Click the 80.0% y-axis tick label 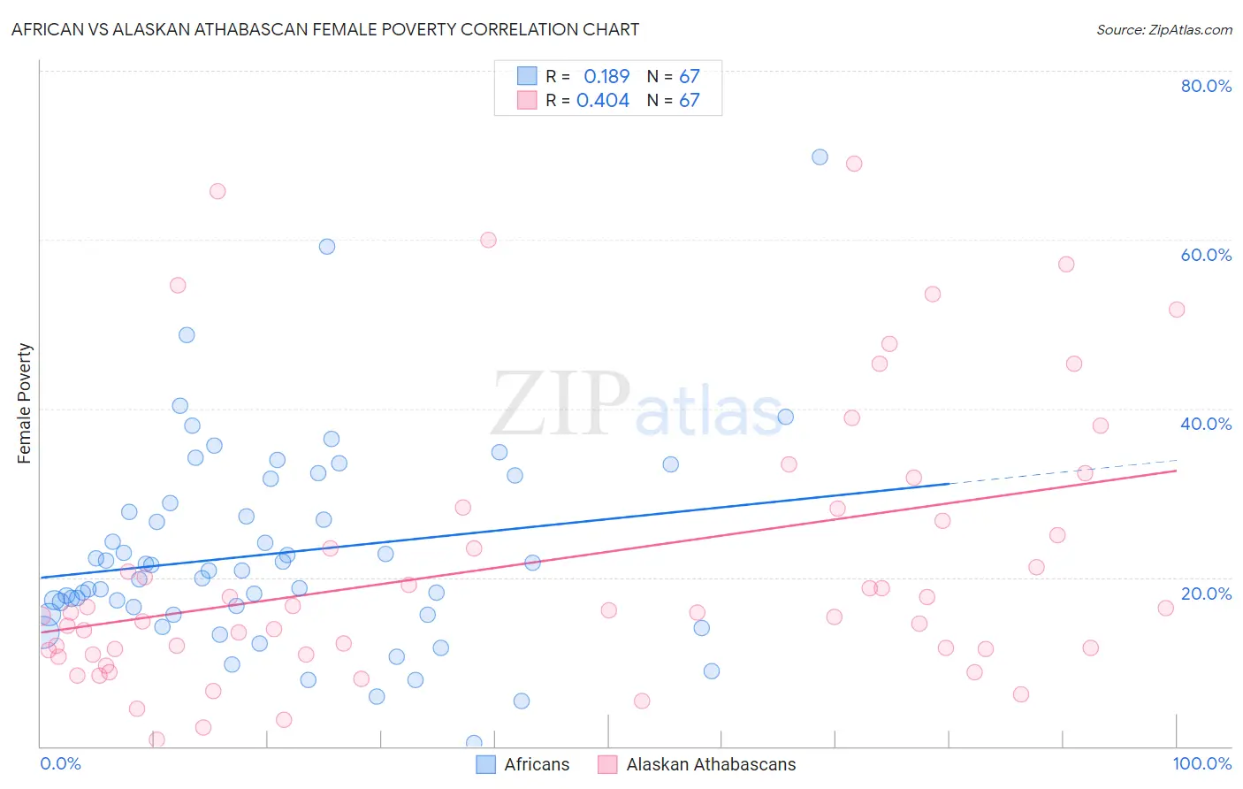1206,86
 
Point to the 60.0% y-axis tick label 1206,255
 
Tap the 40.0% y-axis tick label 1206,424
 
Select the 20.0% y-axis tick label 1206,594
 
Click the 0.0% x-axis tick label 60,763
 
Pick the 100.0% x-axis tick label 1201,763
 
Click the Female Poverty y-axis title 25,403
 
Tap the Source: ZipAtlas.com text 1163,30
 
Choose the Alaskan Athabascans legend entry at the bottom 697,764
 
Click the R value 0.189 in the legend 606,77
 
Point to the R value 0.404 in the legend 603,101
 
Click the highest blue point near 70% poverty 820,157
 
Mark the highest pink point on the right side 854,164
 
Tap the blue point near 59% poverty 327,247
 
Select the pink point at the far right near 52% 1177,310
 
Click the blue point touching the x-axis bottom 474,743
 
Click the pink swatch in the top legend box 527,101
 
